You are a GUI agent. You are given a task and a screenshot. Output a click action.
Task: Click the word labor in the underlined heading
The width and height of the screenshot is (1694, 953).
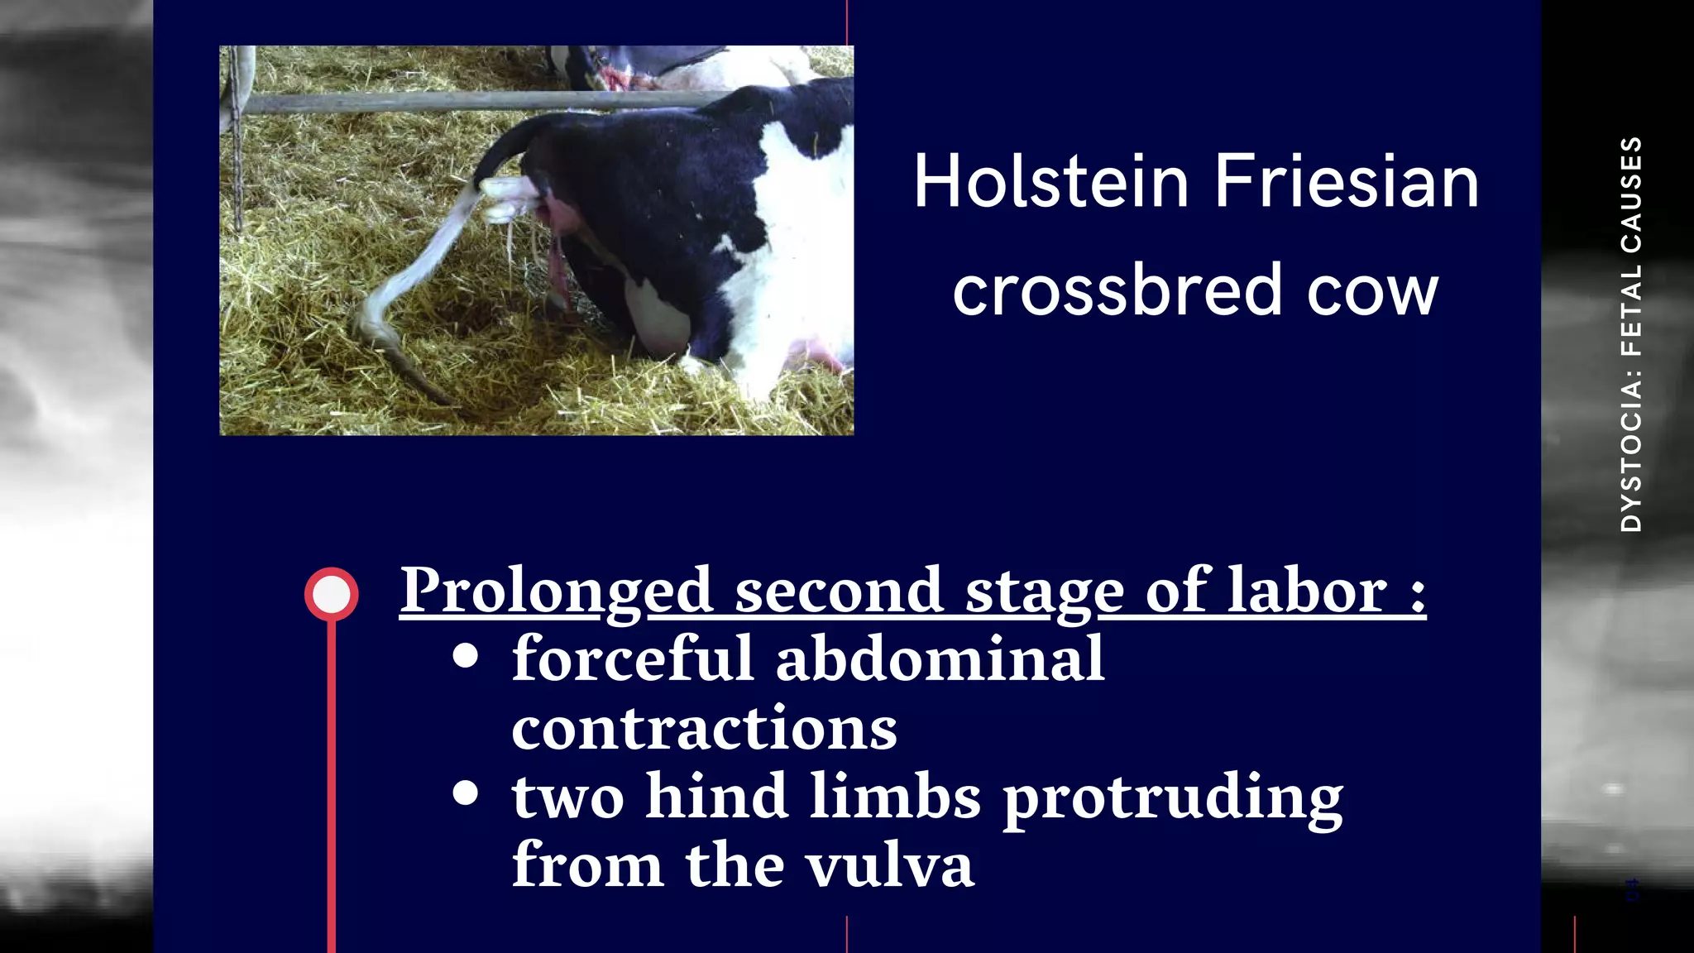point(1307,591)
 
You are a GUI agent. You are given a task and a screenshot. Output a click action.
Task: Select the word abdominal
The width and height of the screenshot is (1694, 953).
point(940,658)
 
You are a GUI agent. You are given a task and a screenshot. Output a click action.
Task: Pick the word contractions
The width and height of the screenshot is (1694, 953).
point(704,728)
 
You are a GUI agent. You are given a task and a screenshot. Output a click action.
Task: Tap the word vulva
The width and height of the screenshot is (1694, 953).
point(890,865)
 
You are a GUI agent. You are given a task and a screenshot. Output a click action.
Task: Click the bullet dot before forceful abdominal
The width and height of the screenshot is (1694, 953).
point(467,655)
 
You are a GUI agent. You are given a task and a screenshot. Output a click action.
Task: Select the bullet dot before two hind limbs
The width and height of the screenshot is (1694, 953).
point(467,793)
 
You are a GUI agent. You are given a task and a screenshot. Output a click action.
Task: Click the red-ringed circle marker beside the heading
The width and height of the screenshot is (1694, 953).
point(332,594)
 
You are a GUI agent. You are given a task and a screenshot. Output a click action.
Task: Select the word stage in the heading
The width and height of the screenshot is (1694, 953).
point(1045,592)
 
